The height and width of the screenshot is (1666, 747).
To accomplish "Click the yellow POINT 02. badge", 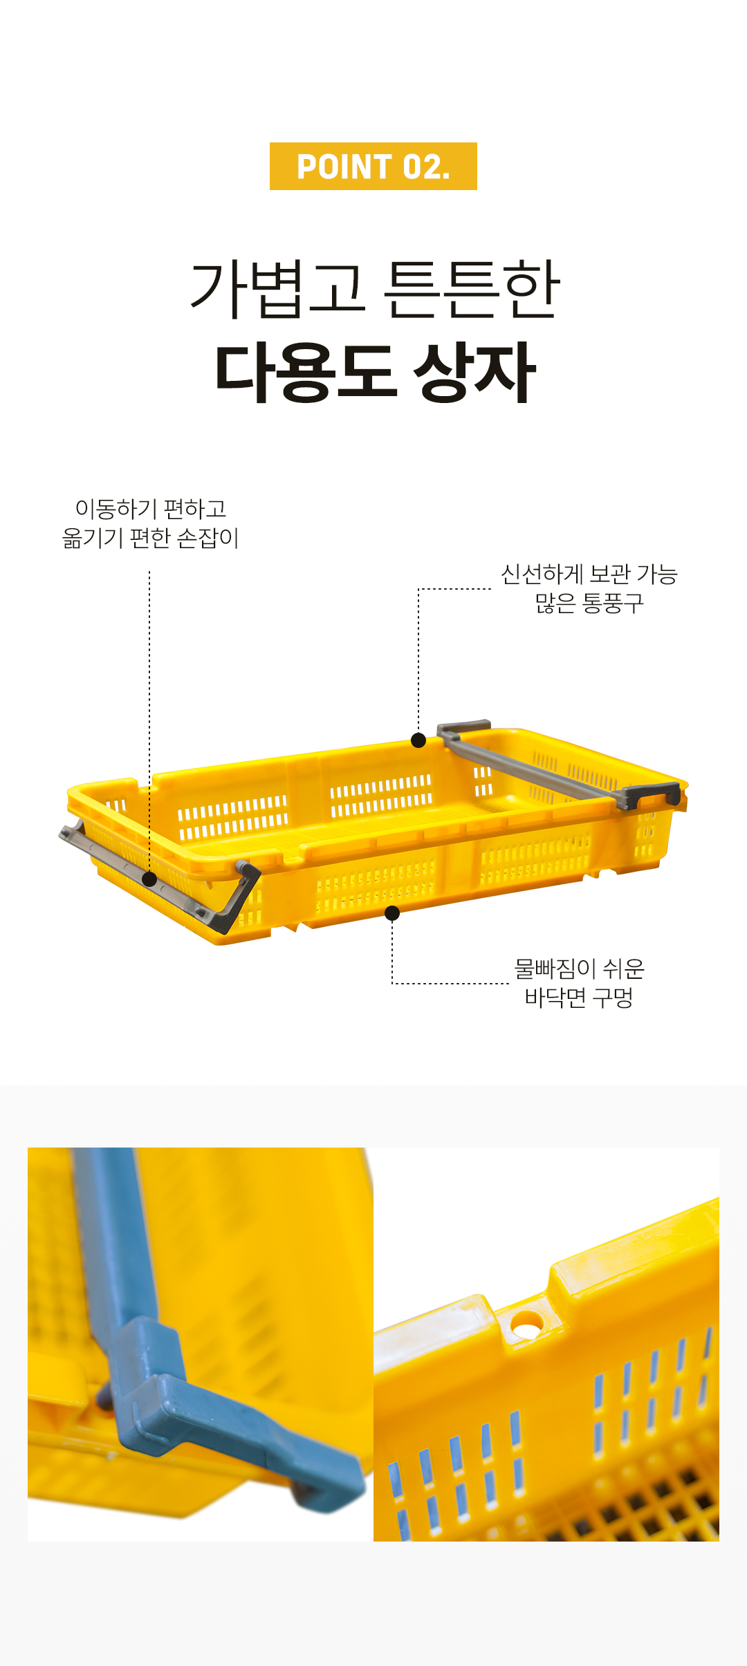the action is pyautogui.click(x=373, y=166).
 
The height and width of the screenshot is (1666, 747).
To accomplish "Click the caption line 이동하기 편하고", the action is pyautogui.click(x=151, y=509).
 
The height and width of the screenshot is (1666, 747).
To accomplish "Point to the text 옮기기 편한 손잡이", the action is pyautogui.click(x=151, y=538).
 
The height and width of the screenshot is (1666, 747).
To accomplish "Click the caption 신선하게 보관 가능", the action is pyautogui.click(x=589, y=574).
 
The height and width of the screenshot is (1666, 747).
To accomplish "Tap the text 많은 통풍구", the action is pyautogui.click(x=589, y=603).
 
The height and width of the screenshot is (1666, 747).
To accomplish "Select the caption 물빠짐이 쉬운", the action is pyautogui.click(x=580, y=968).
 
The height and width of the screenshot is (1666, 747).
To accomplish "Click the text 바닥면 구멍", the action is pyautogui.click(x=580, y=997).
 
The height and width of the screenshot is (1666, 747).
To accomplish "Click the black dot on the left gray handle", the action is pyautogui.click(x=149, y=879).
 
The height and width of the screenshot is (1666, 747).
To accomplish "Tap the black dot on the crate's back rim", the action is pyautogui.click(x=418, y=740).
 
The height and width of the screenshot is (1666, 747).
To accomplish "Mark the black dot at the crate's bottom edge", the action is pyautogui.click(x=392, y=913).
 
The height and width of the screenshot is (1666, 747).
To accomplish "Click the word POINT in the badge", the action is pyautogui.click(x=344, y=167).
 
